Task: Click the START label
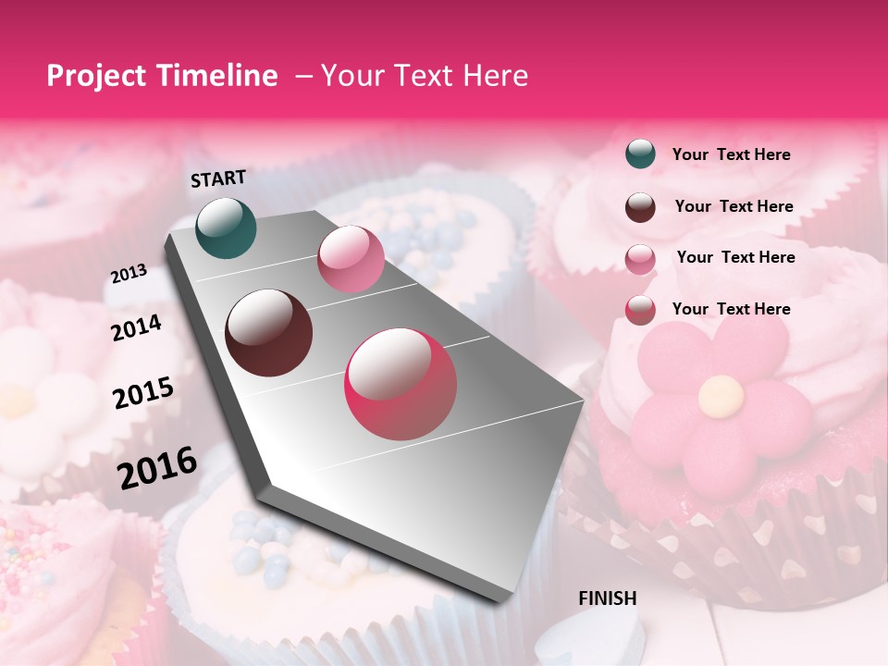218,179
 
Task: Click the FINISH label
608,598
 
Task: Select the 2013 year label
129,274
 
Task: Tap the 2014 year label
136,328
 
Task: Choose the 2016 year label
157,467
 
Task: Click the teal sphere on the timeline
226,228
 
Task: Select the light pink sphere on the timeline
350,259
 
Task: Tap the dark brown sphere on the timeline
269,333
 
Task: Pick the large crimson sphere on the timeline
401,384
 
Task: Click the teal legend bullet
640,154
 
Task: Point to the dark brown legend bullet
640,206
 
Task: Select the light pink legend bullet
640,258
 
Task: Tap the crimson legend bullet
640,310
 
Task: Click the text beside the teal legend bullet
731,155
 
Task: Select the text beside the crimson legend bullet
731,309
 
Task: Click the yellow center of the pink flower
721,396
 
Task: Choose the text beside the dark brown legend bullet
734,206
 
